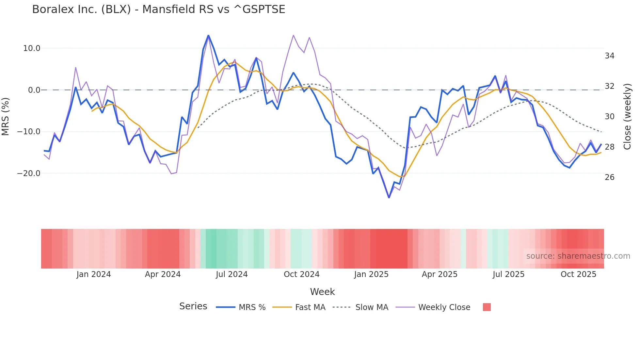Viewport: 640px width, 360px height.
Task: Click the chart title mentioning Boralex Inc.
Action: coord(159,9)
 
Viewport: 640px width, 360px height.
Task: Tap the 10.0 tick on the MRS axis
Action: coord(32,48)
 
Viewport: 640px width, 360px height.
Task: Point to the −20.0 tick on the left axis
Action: coord(29,173)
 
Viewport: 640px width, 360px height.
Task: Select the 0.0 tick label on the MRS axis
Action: coord(34,90)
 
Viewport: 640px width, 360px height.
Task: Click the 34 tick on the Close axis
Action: coord(609,56)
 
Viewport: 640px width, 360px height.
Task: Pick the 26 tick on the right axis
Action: coord(609,177)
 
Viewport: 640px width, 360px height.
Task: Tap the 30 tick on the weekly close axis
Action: coord(609,117)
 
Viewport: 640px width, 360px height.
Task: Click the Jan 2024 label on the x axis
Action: coord(94,274)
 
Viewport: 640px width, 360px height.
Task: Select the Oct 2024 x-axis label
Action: coord(301,274)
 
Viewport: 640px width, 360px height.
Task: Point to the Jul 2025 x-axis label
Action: coord(508,274)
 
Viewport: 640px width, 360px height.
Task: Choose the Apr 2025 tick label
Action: coord(440,274)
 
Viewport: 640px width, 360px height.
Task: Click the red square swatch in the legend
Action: coord(487,307)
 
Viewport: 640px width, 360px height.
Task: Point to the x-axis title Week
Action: coord(322,292)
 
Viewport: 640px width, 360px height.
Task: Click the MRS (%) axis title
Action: coord(6,116)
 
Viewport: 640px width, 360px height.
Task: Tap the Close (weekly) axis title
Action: coord(627,117)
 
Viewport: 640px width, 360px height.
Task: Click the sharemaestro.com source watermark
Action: coord(578,256)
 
